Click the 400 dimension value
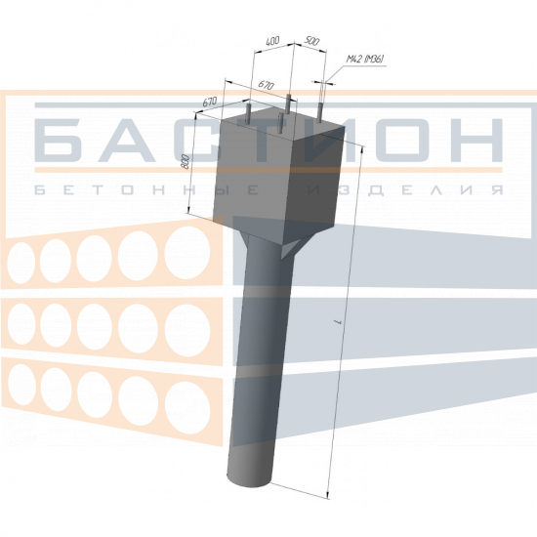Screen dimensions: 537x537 pyautogui.click(x=272, y=41)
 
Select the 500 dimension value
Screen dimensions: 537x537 pyautogui.click(x=311, y=41)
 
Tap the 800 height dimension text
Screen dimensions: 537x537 pyautogui.click(x=186, y=162)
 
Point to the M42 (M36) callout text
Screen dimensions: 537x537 pyautogui.click(x=365, y=59)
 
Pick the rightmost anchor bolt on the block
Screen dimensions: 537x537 pyautogui.click(x=319, y=112)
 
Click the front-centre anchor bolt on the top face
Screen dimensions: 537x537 pyautogui.click(x=280, y=124)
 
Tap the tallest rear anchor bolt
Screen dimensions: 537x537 pyautogui.click(x=289, y=103)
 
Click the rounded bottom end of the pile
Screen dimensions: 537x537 pyautogui.click(x=249, y=479)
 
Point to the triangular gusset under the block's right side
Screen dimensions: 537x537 pyautogui.click(x=291, y=248)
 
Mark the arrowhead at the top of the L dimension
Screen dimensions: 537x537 pyautogui.click(x=362, y=148)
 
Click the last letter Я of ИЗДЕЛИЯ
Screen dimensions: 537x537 pyautogui.click(x=497, y=190)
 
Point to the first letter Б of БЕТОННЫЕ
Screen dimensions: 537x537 pyautogui.click(x=40, y=190)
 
